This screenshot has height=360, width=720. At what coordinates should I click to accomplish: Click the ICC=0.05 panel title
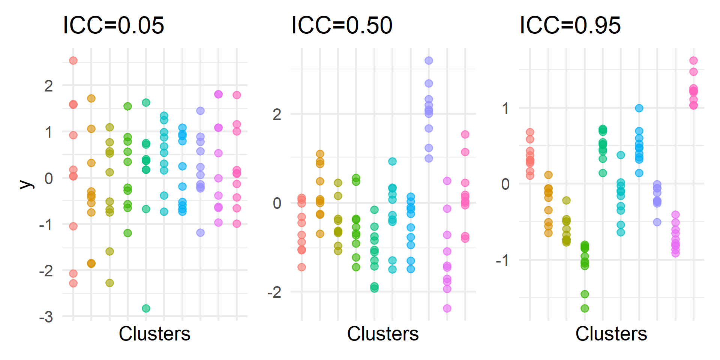[x=113, y=25]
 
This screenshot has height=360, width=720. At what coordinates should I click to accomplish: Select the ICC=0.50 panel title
[x=342, y=25]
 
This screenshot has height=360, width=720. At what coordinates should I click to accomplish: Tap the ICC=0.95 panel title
[x=570, y=25]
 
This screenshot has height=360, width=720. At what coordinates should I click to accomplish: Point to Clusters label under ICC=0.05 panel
[x=154, y=334]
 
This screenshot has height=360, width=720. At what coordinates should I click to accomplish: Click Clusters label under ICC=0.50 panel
[x=383, y=334]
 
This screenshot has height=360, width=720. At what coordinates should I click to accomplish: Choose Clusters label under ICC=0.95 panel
[x=611, y=334]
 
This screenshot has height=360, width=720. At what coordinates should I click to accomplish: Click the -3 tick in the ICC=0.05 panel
[x=46, y=318]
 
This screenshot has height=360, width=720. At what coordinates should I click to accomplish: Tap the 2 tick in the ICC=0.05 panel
[x=49, y=86]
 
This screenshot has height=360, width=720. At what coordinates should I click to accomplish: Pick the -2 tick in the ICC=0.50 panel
[x=274, y=292]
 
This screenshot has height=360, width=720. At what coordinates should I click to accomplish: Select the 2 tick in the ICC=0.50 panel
[x=277, y=114]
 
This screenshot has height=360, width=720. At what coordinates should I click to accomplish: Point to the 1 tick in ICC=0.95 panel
[x=505, y=109]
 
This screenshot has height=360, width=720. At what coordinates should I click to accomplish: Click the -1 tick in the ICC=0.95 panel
[x=502, y=260]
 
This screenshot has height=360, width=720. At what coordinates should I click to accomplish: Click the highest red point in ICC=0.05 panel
[x=73, y=60]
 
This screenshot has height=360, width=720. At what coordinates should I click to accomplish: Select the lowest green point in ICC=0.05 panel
[x=146, y=308]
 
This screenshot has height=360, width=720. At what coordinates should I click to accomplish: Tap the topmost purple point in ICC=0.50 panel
[x=429, y=60]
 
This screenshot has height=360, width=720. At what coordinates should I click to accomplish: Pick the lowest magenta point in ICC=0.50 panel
[x=447, y=308]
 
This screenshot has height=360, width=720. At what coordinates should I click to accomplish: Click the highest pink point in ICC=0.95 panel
[x=693, y=60]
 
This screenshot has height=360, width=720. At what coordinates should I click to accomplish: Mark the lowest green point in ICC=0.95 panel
[x=585, y=308]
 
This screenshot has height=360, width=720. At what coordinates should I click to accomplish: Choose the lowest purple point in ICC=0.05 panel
[x=200, y=232]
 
